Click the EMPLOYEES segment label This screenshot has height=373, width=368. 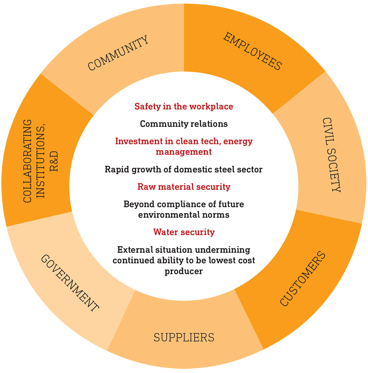point(253,51)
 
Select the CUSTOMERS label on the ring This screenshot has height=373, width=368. point(303,279)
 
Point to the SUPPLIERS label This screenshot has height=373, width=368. point(184,338)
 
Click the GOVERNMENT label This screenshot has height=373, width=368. point(69,283)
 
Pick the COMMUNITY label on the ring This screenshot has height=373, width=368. point(118,53)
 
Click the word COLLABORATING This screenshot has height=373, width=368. point(28,161)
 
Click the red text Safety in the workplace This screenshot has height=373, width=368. point(184,106)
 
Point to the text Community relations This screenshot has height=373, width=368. point(184,124)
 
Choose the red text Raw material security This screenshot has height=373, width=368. point(184,187)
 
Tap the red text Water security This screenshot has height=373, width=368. point(184,232)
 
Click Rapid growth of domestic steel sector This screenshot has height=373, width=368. point(184,169)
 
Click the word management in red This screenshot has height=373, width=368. point(184,152)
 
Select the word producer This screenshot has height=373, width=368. point(184,271)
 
